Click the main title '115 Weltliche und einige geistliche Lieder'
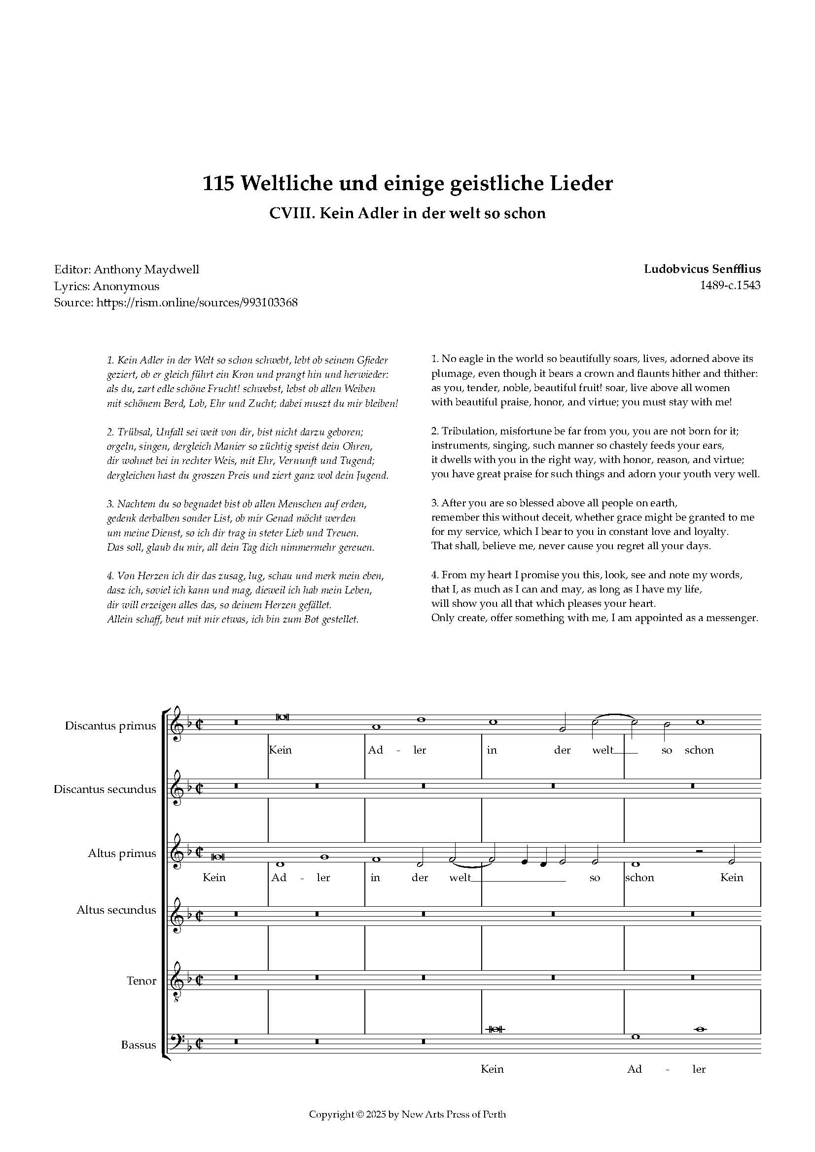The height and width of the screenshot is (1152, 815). [x=407, y=184]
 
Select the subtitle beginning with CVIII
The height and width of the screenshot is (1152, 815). [x=407, y=213]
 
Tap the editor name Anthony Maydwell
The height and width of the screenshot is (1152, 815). [x=146, y=269]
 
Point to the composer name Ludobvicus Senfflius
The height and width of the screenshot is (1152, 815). [x=702, y=269]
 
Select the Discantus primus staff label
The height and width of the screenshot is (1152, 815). [x=110, y=725]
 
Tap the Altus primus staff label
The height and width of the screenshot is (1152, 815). [x=121, y=853]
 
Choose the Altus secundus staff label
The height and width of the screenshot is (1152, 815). [x=116, y=910]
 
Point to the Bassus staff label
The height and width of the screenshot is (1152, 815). [x=138, y=1045]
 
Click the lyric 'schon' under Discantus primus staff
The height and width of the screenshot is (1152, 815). [x=699, y=750]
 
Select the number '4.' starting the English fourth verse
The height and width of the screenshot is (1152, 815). [x=435, y=574]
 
